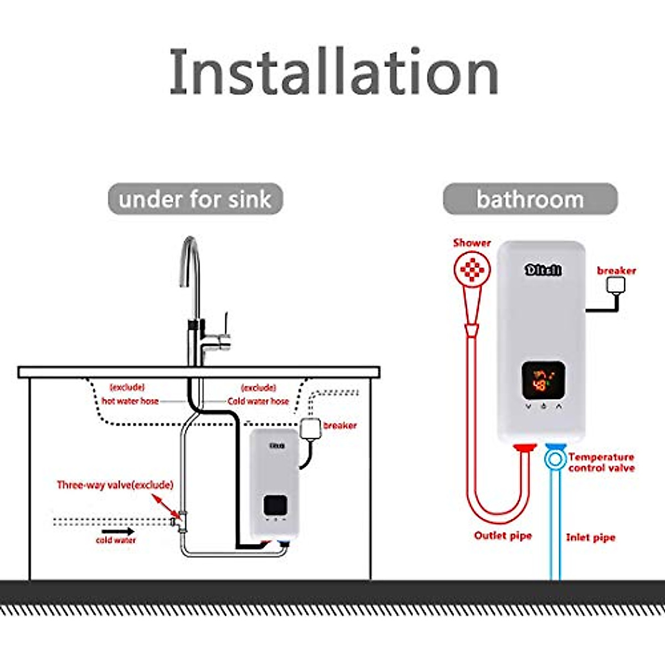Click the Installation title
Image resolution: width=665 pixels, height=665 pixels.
[x=334, y=72]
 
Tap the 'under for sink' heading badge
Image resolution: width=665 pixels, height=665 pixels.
[x=195, y=199]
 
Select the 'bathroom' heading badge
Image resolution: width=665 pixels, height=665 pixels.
[x=530, y=199]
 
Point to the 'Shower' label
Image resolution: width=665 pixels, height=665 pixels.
[x=472, y=243]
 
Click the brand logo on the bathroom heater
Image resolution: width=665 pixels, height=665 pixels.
[x=543, y=270]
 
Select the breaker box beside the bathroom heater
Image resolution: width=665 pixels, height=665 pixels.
[x=616, y=285]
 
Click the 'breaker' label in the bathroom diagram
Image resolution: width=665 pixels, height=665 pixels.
[x=616, y=270]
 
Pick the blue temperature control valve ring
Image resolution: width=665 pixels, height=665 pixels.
[x=554, y=459]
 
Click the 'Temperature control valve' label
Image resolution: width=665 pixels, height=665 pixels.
[x=601, y=462]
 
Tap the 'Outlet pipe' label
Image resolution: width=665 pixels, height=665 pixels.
[x=503, y=535]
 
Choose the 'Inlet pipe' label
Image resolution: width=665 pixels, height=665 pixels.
[x=590, y=537]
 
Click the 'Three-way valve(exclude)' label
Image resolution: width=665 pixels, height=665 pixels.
[x=115, y=485]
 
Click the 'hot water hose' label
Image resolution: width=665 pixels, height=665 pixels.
[x=130, y=401]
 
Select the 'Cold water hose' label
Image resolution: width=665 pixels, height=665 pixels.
[x=258, y=401]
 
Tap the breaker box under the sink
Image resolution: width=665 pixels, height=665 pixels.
[x=310, y=428]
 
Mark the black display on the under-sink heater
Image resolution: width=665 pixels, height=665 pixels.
[x=275, y=504]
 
